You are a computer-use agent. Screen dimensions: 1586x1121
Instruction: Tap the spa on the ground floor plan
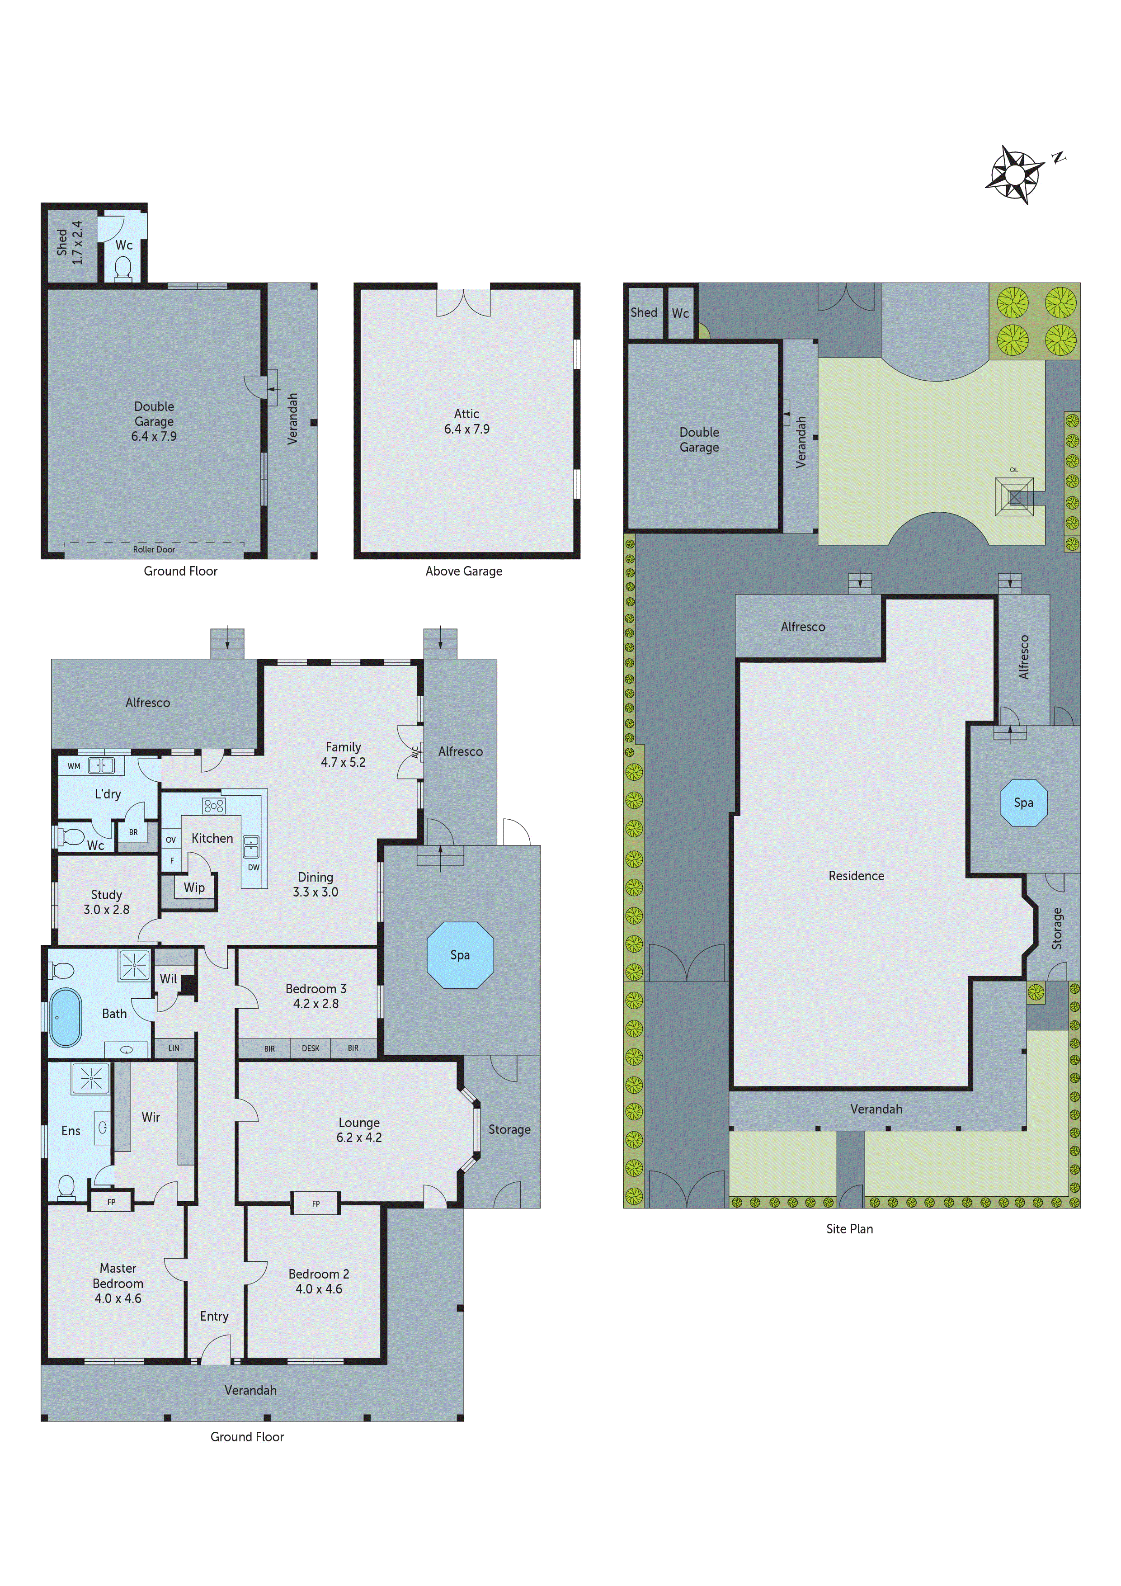[460, 955]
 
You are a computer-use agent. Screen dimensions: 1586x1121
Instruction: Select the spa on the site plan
[1024, 802]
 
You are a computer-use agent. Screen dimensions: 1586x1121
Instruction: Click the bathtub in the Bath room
[65, 1018]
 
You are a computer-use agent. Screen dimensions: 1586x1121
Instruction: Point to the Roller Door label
[154, 550]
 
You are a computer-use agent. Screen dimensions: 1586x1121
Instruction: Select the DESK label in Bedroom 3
[311, 1048]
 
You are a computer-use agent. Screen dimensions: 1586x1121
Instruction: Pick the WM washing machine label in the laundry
[74, 766]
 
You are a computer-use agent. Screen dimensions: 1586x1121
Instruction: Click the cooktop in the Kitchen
[213, 806]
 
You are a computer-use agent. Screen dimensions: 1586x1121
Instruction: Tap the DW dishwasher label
[254, 868]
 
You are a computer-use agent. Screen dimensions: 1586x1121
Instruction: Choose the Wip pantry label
[194, 887]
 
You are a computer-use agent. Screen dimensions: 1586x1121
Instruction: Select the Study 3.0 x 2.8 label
[106, 902]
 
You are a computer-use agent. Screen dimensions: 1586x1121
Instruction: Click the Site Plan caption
[849, 1229]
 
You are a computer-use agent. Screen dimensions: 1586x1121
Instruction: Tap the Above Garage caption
[464, 571]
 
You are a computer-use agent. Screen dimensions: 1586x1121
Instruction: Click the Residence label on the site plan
[857, 876]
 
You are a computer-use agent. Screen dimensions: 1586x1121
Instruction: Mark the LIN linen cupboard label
[174, 1048]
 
